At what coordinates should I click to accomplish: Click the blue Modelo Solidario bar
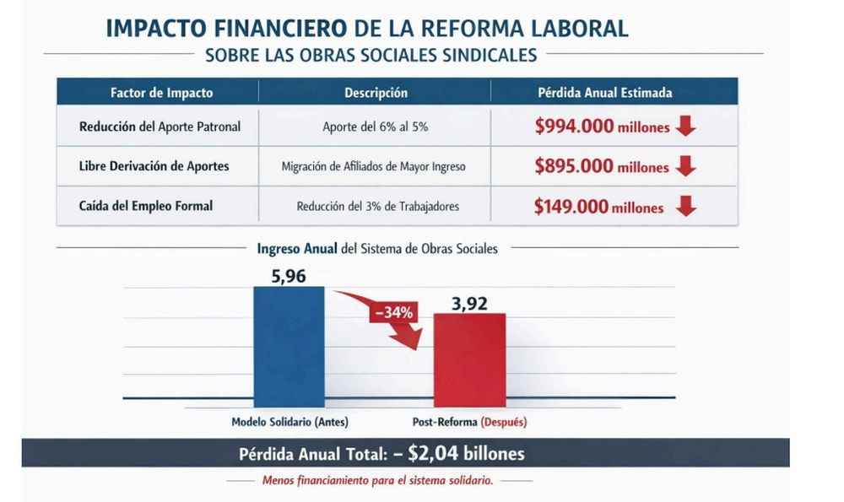coord(289,346)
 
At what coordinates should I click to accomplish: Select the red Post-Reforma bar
coord(469,359)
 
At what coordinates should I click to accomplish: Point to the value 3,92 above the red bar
coord(470,301)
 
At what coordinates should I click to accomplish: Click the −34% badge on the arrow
coord(393,312)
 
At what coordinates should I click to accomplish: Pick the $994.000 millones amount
coord(602,127)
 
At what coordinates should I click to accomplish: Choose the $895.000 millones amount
coord(602,167)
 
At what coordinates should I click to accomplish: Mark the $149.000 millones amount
coord(598,208)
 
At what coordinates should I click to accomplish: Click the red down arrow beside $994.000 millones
coord(685,127)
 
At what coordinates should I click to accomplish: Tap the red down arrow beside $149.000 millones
coord(687,207)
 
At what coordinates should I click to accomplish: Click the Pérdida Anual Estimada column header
coord(604,93)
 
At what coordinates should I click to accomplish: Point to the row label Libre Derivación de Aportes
coord(154,166)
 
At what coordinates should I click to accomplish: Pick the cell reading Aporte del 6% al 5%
coord(375,127)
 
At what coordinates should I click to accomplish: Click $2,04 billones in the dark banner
coord(466,454)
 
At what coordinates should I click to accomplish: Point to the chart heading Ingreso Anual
coord(291,248)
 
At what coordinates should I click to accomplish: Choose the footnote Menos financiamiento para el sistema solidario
coord(377,481)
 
